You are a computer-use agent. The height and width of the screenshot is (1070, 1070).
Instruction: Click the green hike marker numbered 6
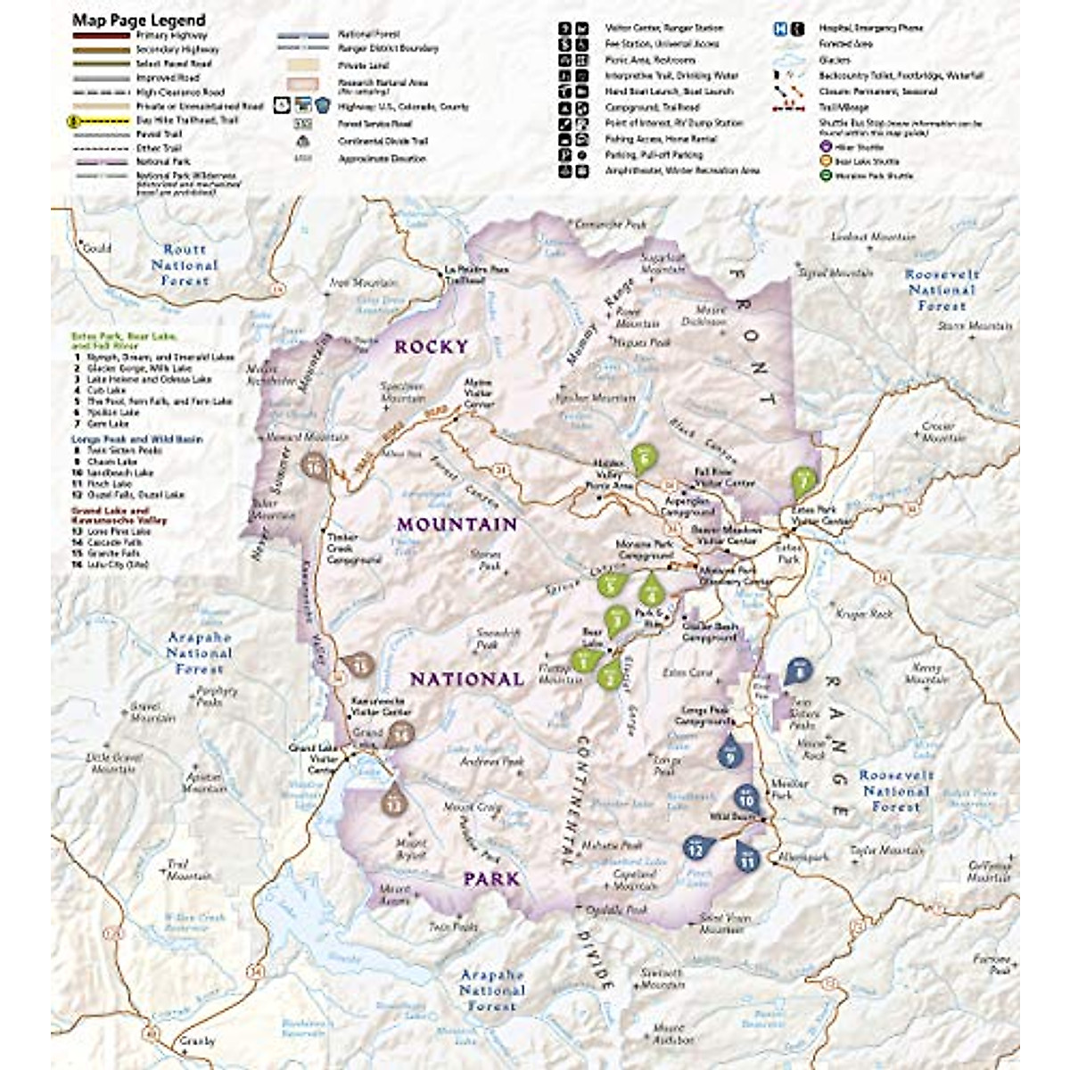(x=644, y=457)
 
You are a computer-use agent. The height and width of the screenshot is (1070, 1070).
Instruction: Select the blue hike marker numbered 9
(x=730, y=753)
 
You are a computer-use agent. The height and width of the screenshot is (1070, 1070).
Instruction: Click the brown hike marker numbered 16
(x=314, y=465)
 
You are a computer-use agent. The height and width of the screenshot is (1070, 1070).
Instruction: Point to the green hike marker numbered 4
(x=653, y=588)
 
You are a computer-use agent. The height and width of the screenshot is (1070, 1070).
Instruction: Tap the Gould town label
(x=96, y=248)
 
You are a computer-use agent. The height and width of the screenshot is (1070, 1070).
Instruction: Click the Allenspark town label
(x=802, y=856)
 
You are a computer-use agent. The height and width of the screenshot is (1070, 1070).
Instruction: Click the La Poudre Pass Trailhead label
(x=465, y=274)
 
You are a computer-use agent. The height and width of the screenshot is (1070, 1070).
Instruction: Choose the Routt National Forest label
(x=185, y=265)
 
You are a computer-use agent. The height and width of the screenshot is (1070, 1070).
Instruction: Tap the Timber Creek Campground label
(x=353, y=548)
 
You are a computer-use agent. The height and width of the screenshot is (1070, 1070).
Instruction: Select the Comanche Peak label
(x=610, y=225)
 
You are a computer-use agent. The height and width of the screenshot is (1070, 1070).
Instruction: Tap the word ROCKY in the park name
(x=431, y=347)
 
